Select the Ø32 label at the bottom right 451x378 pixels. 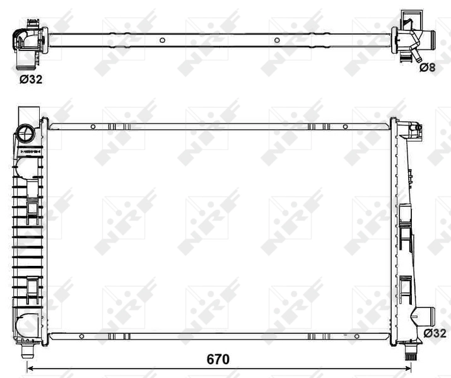435,332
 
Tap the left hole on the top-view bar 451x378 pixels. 162,40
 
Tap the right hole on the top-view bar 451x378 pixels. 277,40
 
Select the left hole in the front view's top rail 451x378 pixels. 93,127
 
